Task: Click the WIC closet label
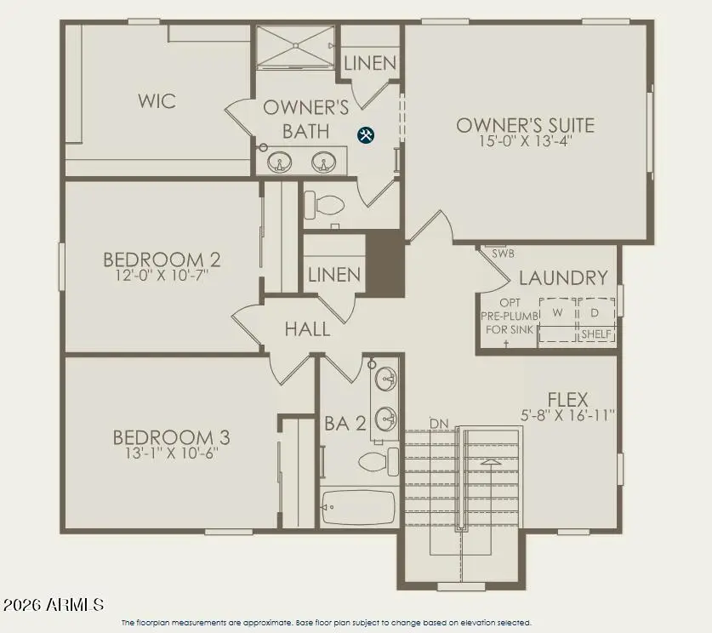157,101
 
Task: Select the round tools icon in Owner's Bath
366,134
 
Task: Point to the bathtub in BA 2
358,507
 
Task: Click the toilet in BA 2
374,462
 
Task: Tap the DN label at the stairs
439,423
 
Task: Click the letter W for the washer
557,312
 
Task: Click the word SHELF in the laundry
595,334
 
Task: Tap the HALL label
307,328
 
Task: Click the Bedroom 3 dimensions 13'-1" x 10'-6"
171,453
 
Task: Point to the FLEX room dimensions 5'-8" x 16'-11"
568,415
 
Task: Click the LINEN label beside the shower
370,63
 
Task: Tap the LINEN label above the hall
334,276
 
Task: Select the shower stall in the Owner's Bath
296,47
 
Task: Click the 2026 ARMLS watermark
53,605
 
